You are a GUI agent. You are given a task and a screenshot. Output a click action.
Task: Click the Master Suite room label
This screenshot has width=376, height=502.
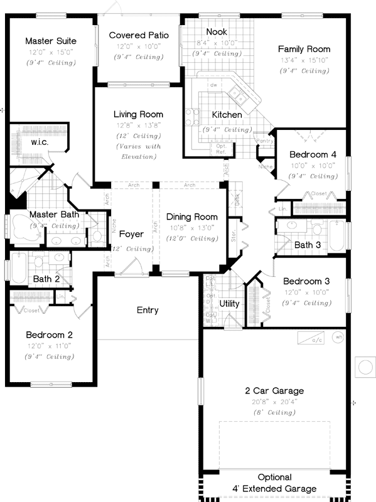pos(50,41)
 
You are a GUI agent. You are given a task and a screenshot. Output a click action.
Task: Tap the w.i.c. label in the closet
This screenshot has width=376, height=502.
pos(40,142)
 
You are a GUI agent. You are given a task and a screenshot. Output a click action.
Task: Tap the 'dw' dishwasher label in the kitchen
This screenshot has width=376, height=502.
pos(214,84)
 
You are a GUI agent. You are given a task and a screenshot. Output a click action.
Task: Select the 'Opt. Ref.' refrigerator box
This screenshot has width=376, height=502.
pos(222,149)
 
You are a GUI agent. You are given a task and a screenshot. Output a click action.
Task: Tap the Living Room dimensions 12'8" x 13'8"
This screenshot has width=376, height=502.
pos(138,125)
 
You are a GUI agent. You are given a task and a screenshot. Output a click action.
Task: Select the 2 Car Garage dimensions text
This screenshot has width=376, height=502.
pos(274,402)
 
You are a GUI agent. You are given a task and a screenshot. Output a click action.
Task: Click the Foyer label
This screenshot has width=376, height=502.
pos(131,234)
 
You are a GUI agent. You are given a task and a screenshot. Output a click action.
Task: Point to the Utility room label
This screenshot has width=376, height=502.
pos(229,304)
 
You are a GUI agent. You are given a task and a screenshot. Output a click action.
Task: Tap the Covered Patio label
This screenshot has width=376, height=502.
pos(138,35)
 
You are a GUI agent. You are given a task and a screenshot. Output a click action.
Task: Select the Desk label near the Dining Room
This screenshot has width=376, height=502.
pos(237,200)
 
